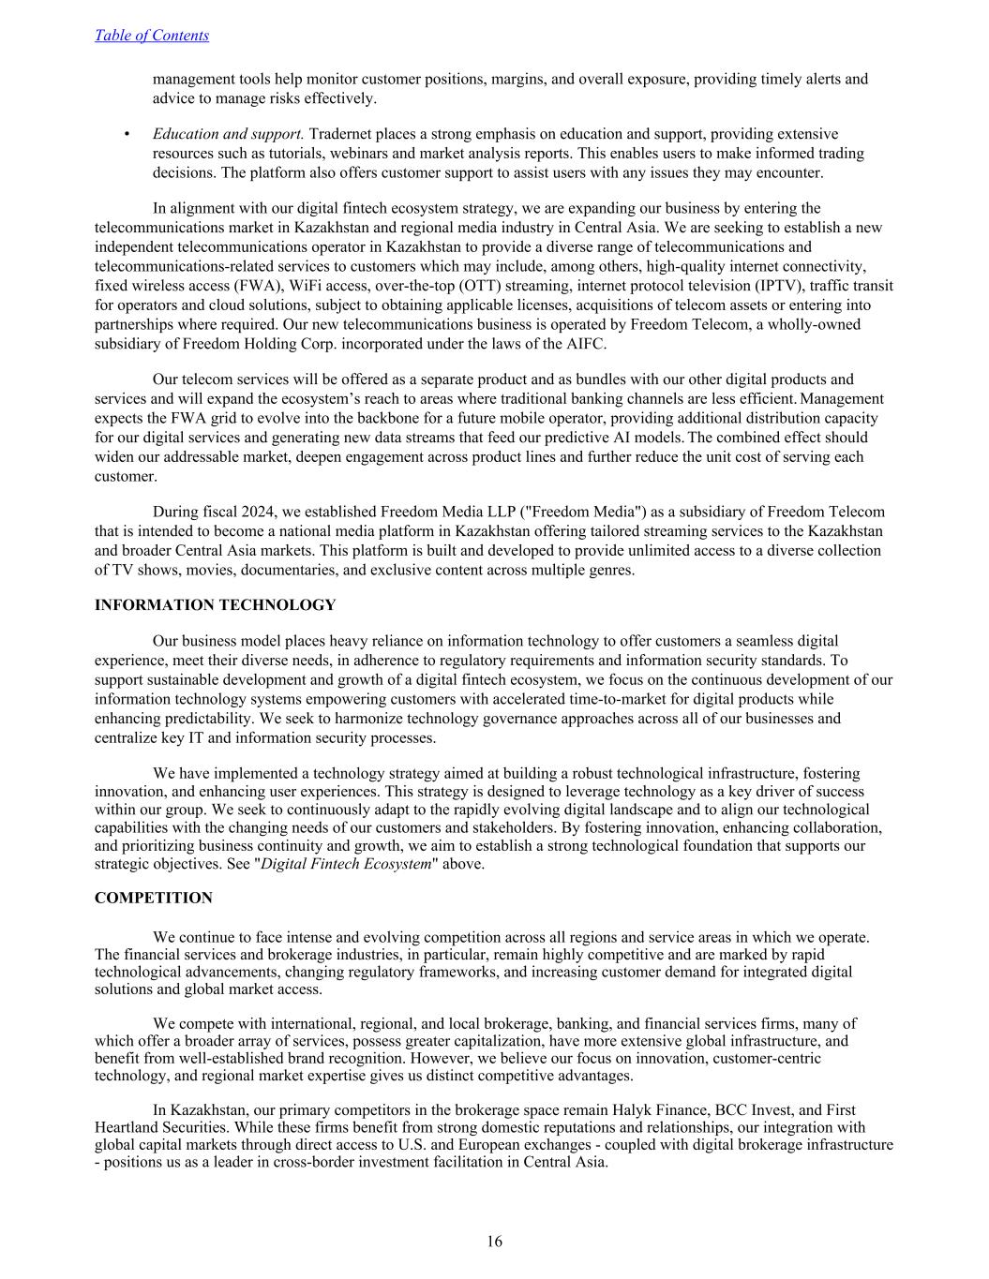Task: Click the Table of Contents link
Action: tap(152, 36)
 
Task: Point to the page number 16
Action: tap(494, 1242)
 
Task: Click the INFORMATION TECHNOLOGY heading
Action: tap(215, 605)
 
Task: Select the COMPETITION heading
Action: tap(154, 898)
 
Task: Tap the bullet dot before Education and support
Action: tap(127, 134)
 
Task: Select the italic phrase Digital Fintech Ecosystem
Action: tap(345, 864)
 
